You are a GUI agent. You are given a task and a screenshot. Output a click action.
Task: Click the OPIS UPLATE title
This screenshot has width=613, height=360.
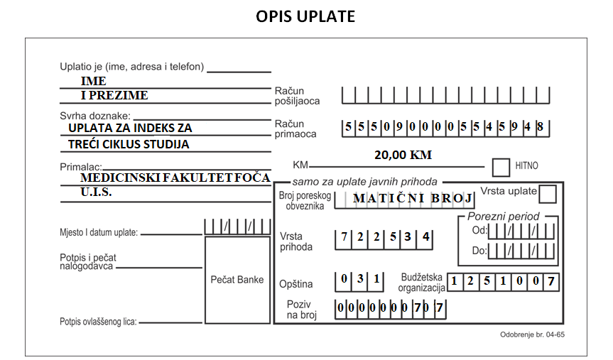[x=305, y=16]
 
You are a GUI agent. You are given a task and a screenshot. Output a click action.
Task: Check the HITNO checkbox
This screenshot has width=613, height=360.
[x=501, y=168]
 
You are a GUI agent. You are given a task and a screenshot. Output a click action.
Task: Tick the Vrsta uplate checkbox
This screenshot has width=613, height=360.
[x=548, y=194]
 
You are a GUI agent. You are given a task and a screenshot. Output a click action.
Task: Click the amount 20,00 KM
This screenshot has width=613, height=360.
[x=403, y=155]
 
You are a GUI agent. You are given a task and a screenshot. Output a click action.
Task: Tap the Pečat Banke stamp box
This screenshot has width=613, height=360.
[x=237, y=280]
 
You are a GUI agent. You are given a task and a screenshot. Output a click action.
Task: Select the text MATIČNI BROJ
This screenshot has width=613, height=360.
[x=413, y=198]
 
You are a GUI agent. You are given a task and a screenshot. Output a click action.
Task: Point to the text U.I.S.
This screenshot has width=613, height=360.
[x=96, y=192]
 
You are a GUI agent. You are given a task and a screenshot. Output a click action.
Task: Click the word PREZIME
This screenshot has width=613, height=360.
[x=119, y=95]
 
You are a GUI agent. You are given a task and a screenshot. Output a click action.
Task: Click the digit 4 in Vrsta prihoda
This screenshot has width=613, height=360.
[x=425, y=236]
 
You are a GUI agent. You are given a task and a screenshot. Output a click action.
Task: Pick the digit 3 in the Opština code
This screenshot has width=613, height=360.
[x=360, y=278]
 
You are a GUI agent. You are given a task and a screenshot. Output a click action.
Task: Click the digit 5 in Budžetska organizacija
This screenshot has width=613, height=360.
[x=487, y=280]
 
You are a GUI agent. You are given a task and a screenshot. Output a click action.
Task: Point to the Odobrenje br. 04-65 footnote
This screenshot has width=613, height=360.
[x=532, y=334]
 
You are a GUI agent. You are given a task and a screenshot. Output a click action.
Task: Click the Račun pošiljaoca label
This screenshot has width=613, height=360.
[x=297, y=96]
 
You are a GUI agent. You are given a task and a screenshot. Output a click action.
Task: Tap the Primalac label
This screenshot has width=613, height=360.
[x=81, y=167]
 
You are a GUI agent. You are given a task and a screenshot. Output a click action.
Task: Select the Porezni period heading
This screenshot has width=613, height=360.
[x=503, y=217]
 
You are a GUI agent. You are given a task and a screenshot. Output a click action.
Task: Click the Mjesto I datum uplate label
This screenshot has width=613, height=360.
[x=99, y=233]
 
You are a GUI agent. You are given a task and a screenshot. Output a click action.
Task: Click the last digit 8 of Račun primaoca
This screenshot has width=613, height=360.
[x=540, y=126]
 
